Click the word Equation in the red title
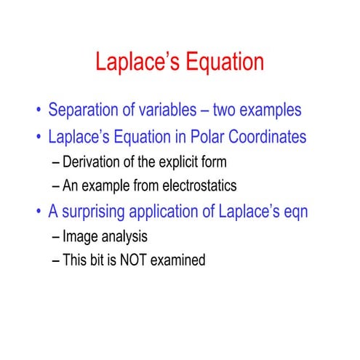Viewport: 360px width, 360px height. [222, 62]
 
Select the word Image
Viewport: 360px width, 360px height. [79, 236]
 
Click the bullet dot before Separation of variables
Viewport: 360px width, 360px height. [38, 112]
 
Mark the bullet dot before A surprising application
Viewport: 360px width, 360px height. [38, 212]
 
